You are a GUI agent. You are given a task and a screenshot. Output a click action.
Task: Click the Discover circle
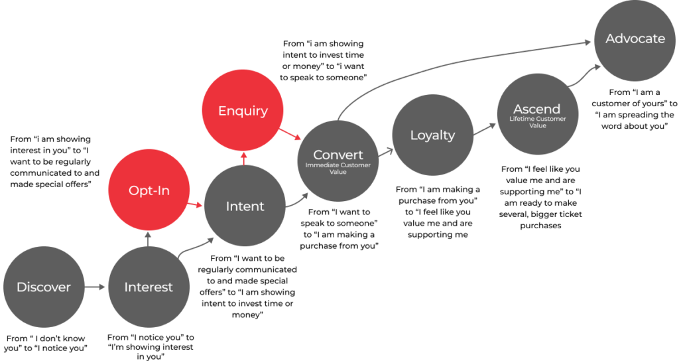click(44, 287)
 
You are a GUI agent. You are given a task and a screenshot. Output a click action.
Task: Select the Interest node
click(149, 287)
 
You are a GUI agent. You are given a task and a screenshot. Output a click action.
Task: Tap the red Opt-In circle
click(149, 190)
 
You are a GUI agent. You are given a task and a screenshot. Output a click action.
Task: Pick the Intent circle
click(245, 206)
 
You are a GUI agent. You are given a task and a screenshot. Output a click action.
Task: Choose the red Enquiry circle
click(243, 110)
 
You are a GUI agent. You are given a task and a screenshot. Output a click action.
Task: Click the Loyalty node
click(432, 135)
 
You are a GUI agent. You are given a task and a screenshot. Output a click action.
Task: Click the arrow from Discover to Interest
click(95, 287)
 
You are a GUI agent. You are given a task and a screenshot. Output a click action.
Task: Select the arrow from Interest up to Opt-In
click(149, 238)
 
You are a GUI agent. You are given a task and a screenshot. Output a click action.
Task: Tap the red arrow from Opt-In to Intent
click(195, 204)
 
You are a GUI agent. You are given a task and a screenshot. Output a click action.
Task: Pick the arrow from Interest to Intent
click(196, 247)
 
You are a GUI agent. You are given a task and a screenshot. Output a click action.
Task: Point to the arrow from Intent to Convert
click(297, 202)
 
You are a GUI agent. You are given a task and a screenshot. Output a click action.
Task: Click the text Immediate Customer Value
click(338, 168)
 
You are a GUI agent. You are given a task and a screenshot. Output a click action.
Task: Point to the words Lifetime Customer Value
click(537, 122)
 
